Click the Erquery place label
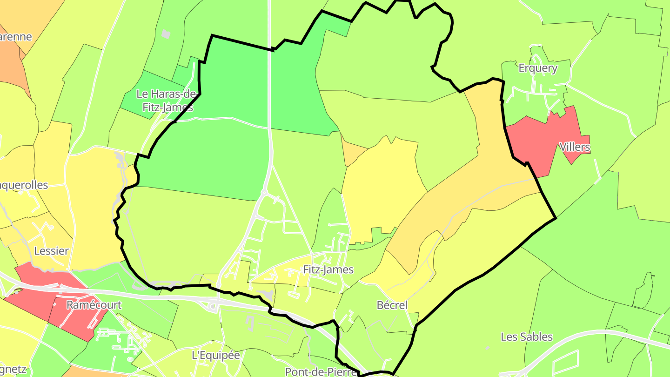537,68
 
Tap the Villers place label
575,148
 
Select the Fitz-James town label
328,269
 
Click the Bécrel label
392,305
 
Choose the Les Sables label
527,337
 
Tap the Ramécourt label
94,305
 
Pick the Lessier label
51,251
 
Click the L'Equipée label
215,355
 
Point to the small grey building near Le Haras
166,34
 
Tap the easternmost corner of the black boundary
556,218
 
